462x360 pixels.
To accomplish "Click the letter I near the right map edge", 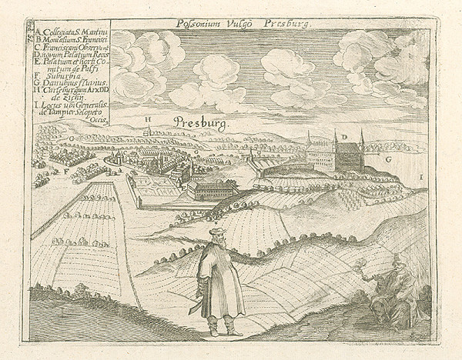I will [x=420, y=178].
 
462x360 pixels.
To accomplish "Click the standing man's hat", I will [x=215, y=232].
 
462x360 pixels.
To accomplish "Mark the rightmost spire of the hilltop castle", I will [x=362, y=141].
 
